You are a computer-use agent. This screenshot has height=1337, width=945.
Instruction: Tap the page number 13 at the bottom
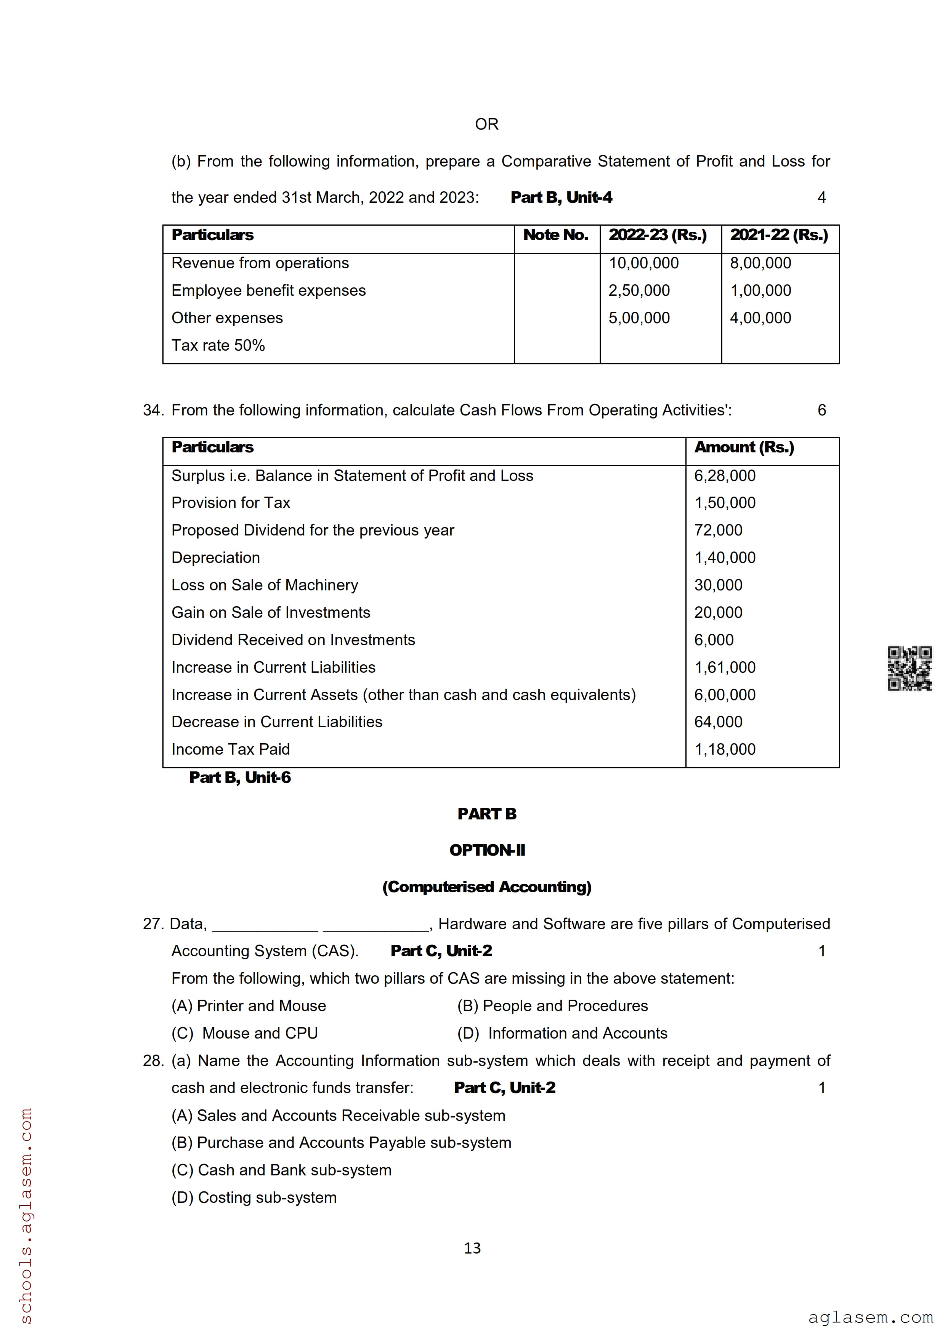click(x=472, y=1248)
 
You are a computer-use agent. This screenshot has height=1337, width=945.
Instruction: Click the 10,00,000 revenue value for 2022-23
click(x=643, y=263)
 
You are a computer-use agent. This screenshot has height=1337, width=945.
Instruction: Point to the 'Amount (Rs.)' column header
click(x=744, y=447)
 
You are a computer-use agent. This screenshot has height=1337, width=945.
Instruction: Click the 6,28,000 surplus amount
click(x=724, y=476)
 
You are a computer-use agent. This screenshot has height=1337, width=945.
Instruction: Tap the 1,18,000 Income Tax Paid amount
click(x=724, y=749)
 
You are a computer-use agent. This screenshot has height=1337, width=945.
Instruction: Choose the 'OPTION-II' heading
click(x=487, y=851)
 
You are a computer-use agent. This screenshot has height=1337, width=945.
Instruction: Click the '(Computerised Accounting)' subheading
click(x=487, y=887)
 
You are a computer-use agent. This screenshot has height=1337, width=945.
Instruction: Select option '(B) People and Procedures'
click(x=552, y=1006)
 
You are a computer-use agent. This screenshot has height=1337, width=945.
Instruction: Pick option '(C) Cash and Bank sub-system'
click(x=281, y=1170)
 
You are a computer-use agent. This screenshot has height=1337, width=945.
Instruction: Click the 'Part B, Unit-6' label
click(x=239, y=778)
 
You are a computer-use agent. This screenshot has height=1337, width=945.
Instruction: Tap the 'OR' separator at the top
click(x=486, y=124)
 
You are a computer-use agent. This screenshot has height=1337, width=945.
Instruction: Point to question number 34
click(x=152, y=410)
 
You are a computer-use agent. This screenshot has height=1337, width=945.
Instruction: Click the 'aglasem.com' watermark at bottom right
click(x=870, y=1317)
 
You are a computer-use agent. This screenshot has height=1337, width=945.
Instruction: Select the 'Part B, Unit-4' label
click(x=561, y=198)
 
